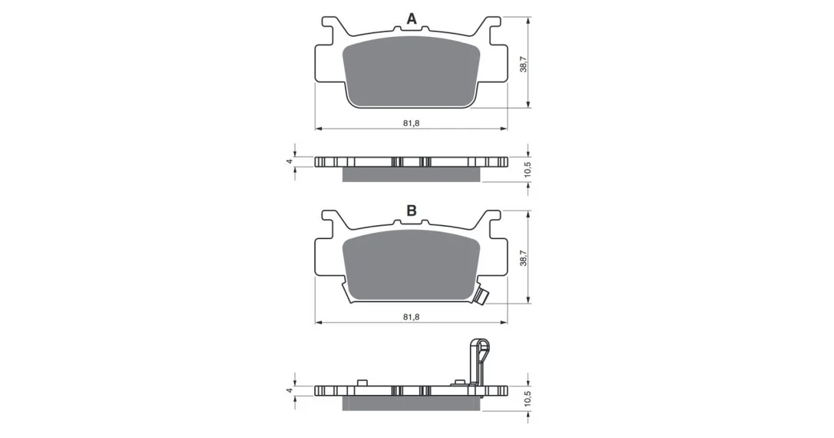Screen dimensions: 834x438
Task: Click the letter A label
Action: [411, 19]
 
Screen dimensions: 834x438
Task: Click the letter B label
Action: [411, 211]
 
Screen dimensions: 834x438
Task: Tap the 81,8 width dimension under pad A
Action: [411, 123]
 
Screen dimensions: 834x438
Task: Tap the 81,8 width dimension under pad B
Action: [411, 317]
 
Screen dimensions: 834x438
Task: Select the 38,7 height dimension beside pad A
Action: [524, 64]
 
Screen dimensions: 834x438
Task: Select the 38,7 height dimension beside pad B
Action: [524, 257]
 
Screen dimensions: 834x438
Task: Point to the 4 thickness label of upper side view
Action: [290, 161]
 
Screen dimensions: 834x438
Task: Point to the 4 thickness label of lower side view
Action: [290, 390]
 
